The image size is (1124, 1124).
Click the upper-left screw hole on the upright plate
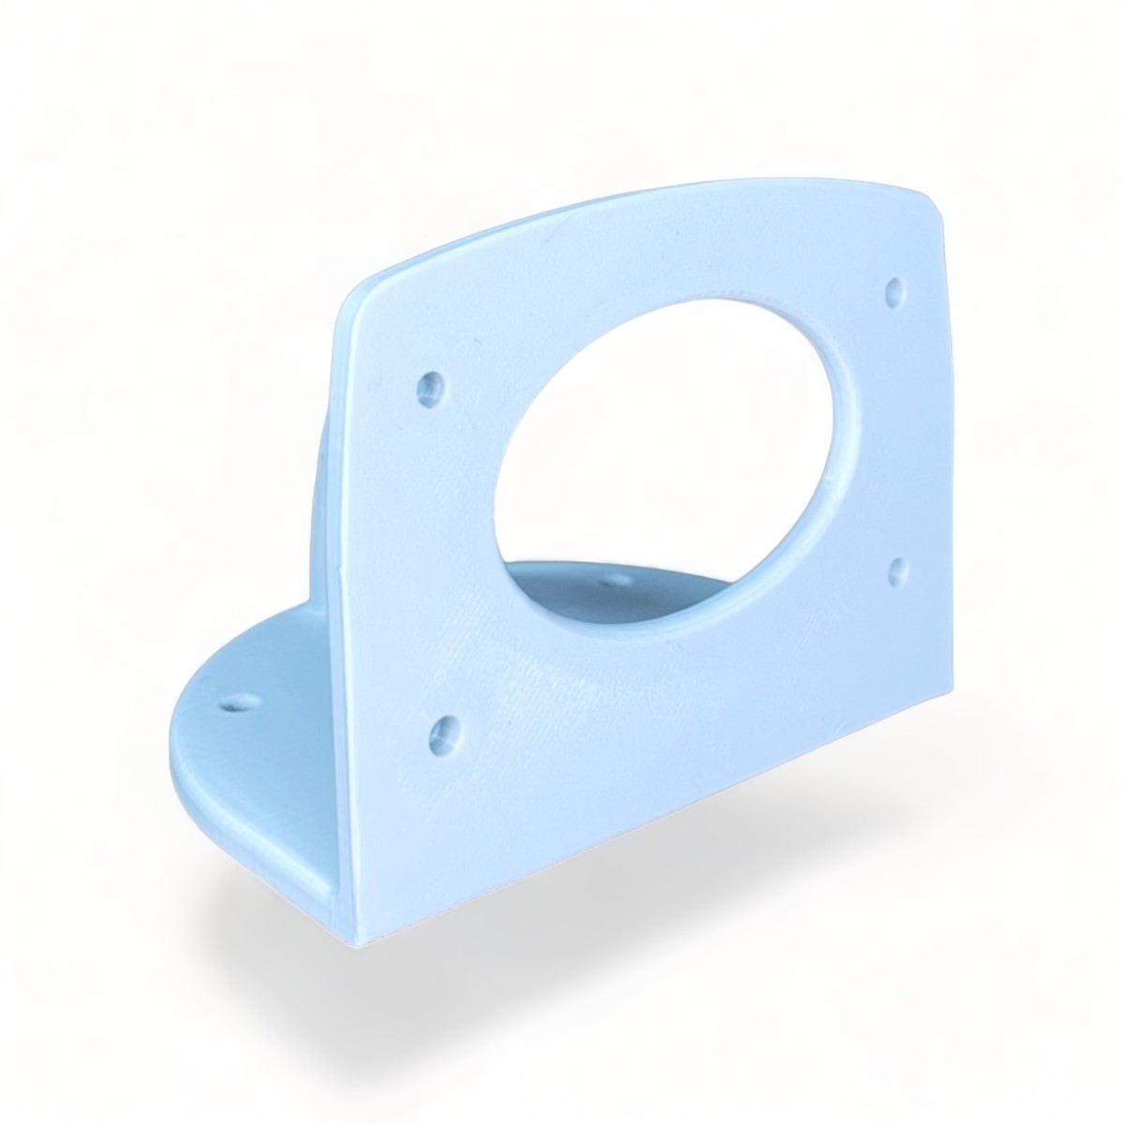[x=432, y=386]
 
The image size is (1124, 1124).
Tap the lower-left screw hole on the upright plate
[x=442, y=731]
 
